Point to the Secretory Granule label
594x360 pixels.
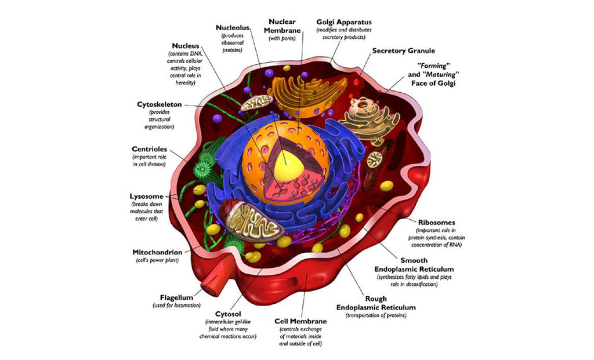click(403, 51)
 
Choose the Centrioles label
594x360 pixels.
click(150, 149)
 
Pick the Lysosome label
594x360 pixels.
click(146, 196)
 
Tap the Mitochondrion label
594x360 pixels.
click(158, 252)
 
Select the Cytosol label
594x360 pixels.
click(228, 314)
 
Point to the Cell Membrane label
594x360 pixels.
click(300, 321)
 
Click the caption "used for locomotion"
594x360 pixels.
click(177, 305)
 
